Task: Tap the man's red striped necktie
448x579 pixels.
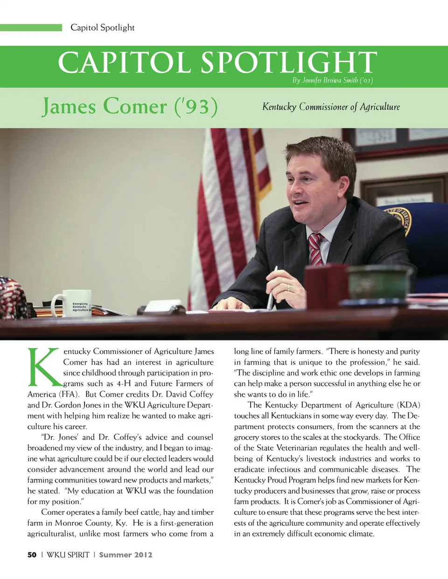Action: click(x=316, y=249)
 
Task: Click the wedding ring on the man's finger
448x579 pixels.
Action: click(x=288, y=287)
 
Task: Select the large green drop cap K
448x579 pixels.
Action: click(x=44, y=367)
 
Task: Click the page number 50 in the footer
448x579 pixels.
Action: click(x=32, y=555)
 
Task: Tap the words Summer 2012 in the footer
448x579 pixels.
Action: click(x=126, y=555)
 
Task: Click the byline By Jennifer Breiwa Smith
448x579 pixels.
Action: click(x=332, y=80)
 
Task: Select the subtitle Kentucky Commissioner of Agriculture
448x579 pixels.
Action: click(x=331, y=107)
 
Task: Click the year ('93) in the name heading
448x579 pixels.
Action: click(x=196, y=106)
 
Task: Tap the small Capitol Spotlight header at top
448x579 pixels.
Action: click(x=103, y=28)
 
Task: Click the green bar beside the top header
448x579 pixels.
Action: click(x=31, y=28)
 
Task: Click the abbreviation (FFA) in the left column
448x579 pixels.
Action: click(x=69, y=394)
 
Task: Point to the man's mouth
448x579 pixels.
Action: click(x=300, y=203)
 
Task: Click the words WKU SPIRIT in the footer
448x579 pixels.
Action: click(x=68, y=555)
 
